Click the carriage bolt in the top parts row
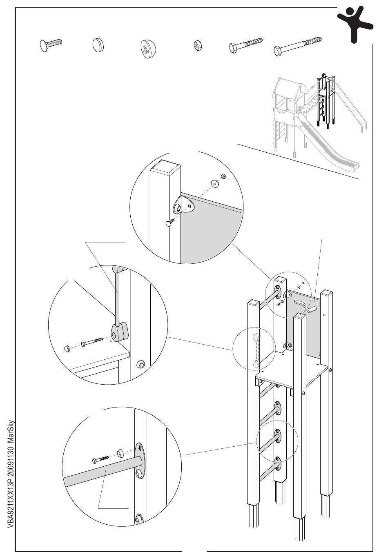point(51,45)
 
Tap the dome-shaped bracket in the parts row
point(148,49)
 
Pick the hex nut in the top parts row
point(196,45)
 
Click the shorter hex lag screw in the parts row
point(245,45)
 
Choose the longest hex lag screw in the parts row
point(298,46)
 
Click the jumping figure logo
point(354,23)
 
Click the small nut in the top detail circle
point(223,176)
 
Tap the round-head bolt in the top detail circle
point(169,222)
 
